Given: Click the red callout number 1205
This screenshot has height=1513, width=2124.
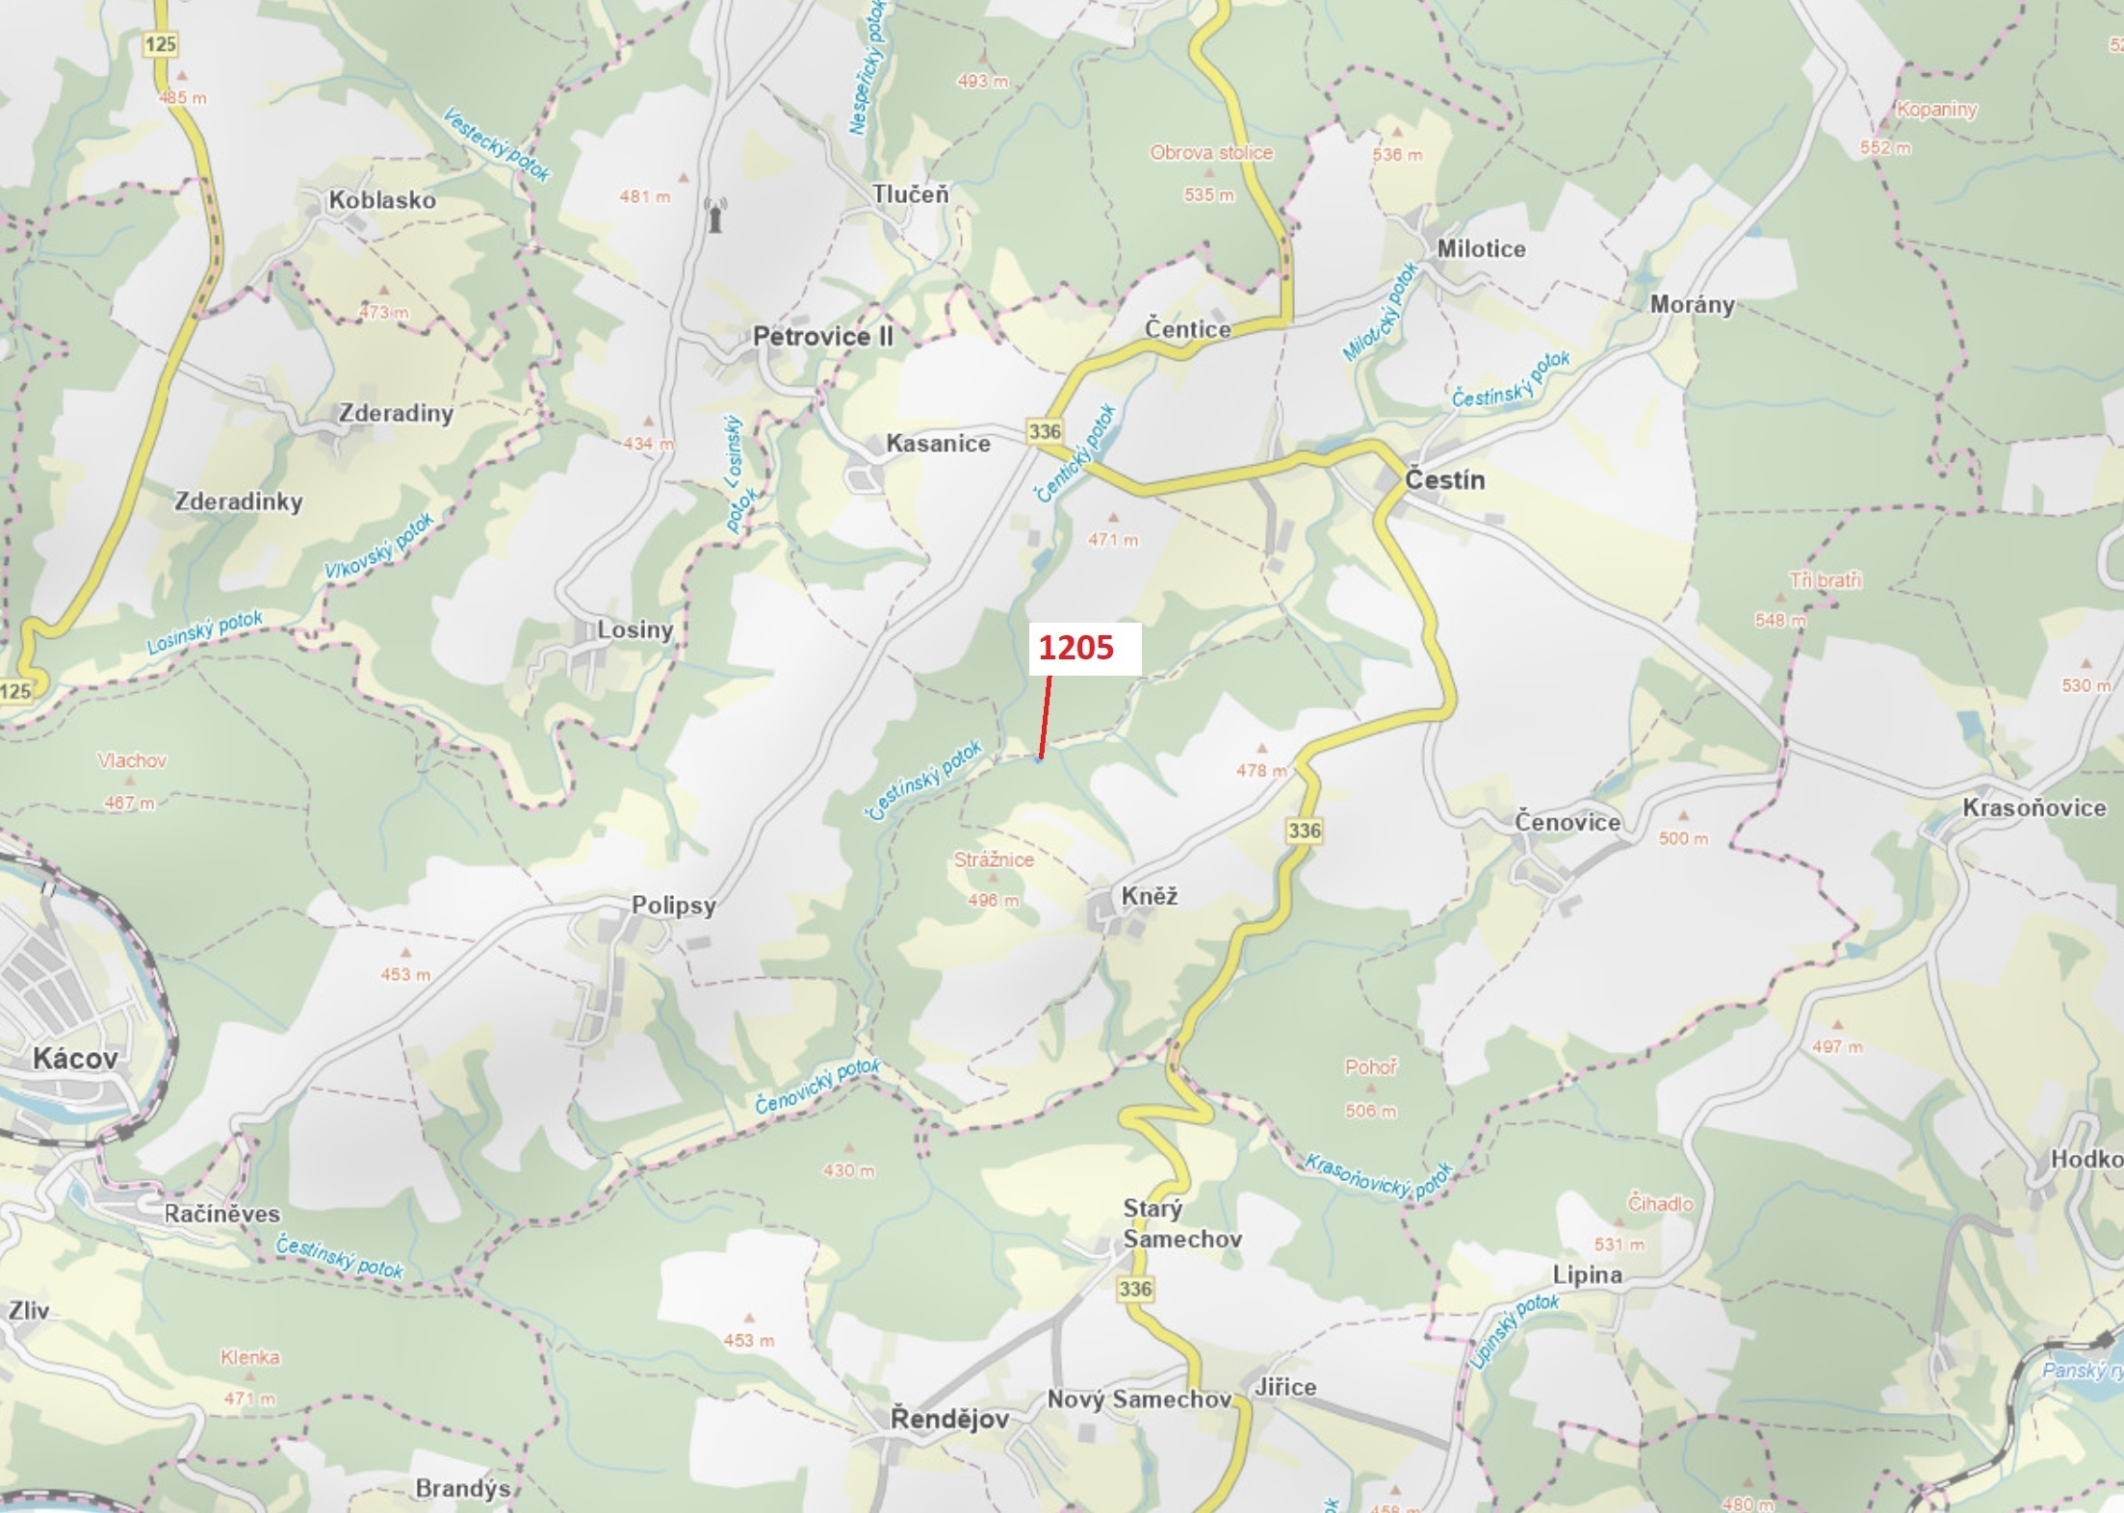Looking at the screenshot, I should pos(1075,648).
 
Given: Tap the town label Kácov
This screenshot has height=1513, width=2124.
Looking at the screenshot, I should pos(75,1059).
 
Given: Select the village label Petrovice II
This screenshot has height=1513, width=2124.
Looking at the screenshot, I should pos(823,337).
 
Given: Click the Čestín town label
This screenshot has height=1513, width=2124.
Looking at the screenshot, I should pos(1444,480).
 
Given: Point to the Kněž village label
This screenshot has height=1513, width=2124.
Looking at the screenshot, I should pos(1150,897).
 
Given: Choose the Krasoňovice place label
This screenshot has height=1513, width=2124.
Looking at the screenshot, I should pos(2033,808).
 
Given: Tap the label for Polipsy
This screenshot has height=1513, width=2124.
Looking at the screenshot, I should pos(674,906).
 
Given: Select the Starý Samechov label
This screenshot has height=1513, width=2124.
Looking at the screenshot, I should pos(1181,1223).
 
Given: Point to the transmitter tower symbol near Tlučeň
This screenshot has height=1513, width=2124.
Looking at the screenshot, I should pos(714,216).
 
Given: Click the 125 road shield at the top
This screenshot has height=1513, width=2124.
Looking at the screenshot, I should pos(161,43).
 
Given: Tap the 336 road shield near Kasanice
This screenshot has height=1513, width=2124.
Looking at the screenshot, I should pos(1045,431).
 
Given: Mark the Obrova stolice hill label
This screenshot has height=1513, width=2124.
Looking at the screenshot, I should pos(1211,152).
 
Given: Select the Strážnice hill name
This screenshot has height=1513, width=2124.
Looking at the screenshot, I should pos(994,859).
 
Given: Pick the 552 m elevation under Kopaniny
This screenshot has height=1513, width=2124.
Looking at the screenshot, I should pos(1885,147).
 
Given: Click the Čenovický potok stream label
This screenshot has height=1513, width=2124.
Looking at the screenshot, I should pos(817,1087).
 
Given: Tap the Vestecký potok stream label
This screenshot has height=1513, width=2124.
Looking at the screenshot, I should pos(497,144).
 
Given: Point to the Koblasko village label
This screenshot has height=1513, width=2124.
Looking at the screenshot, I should pos(382,200).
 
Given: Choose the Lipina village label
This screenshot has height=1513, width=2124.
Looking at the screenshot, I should pos(1587,1275).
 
